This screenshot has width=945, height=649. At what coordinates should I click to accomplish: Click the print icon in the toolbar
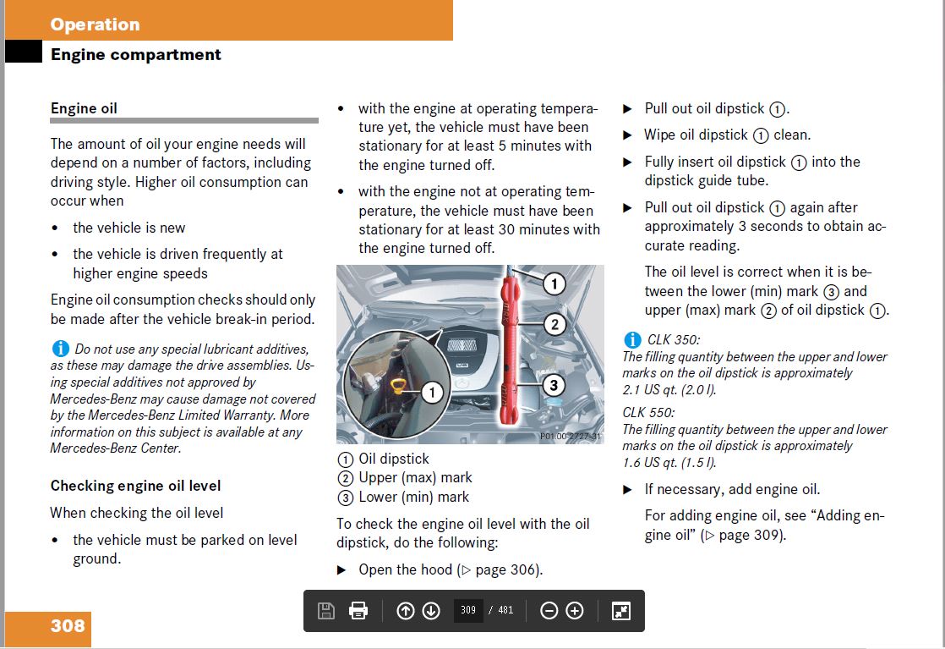(358, 611)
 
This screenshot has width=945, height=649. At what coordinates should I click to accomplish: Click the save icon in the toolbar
(325, 611)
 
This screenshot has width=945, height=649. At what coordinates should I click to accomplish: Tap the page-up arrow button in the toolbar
(405, 611)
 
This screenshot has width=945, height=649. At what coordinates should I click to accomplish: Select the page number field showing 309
(468, 611)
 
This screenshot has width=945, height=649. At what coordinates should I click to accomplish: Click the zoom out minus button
(549, 611)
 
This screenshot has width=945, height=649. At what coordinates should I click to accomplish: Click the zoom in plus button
(575, 611)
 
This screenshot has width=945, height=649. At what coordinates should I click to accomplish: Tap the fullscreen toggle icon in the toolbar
(621, 611)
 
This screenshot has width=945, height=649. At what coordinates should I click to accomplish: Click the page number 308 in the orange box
(68, 626)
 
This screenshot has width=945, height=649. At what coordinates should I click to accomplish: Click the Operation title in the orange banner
(95, 25)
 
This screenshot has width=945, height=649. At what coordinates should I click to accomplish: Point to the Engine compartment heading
(136, 55)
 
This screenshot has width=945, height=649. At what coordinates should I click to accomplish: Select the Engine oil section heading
(84, 108)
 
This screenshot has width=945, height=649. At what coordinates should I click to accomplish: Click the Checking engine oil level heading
(135, 486)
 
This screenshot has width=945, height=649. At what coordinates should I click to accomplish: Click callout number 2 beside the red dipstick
(554, 323)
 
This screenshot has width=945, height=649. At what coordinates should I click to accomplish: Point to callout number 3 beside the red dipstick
(553, 386)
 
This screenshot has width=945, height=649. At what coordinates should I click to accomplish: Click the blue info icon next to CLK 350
(632, 340)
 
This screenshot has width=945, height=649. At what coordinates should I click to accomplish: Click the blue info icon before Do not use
(60, 348)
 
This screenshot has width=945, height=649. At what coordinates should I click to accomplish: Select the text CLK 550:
(648, 413)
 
